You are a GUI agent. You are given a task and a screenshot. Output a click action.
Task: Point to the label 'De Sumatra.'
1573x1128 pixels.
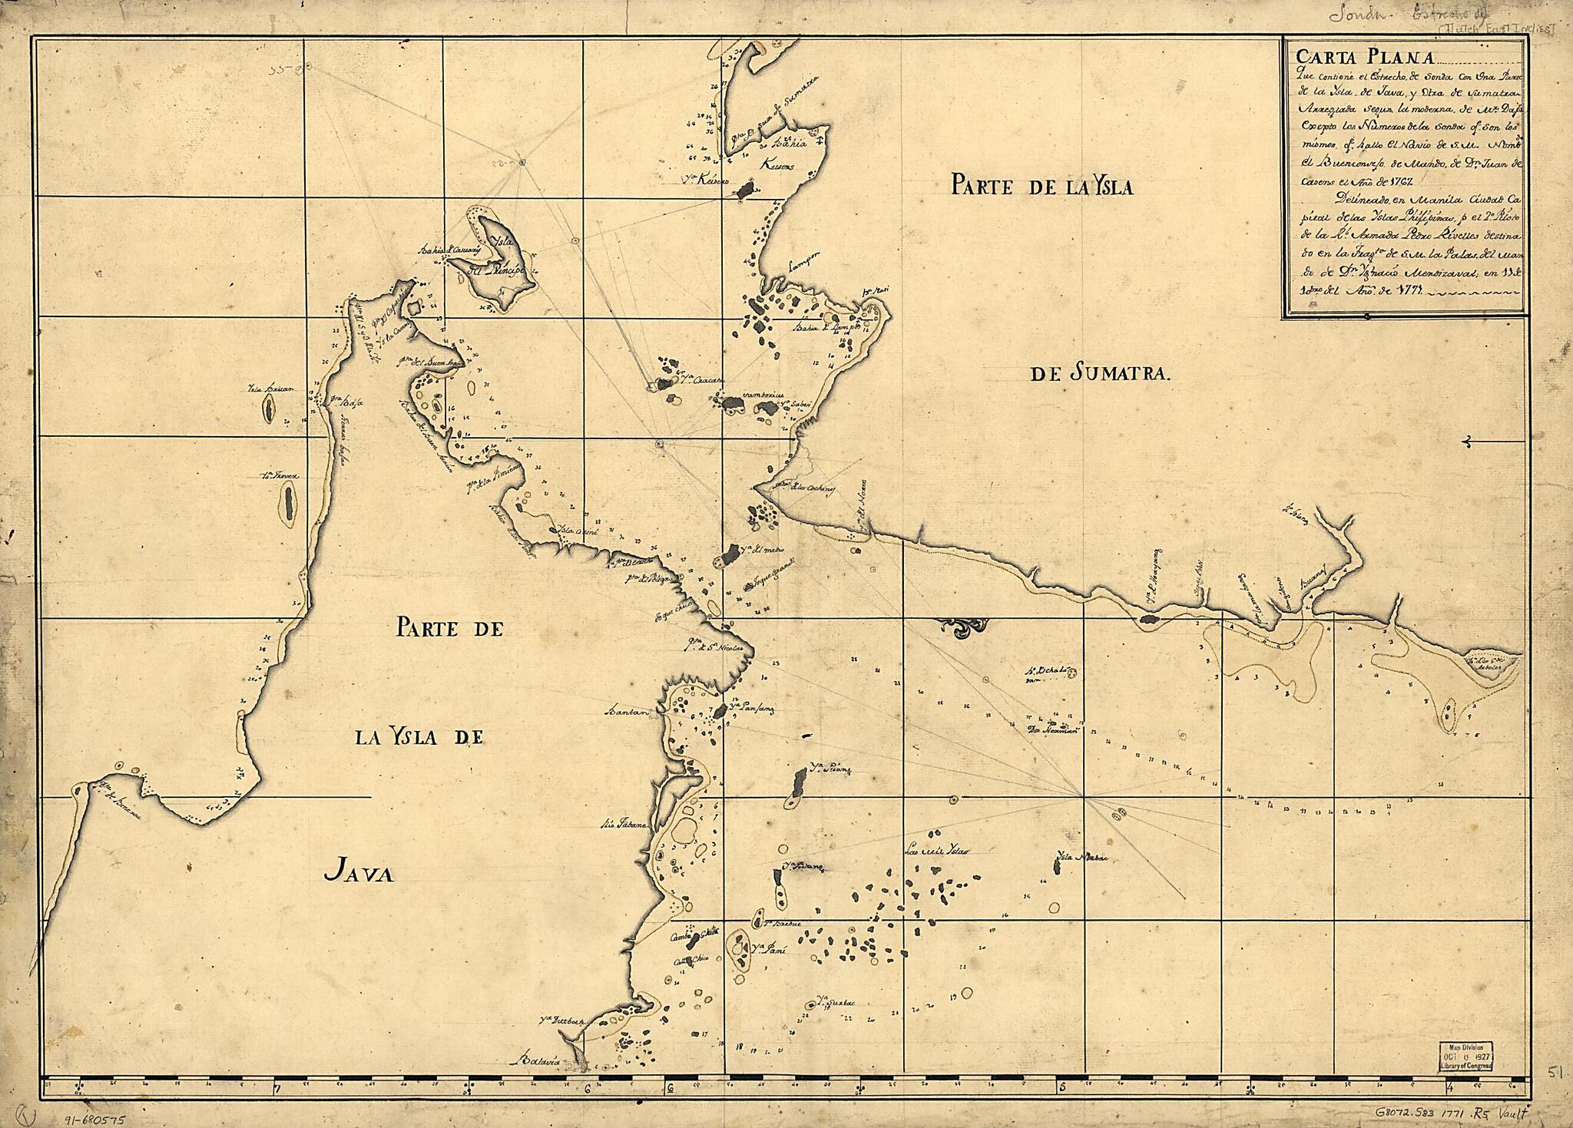click(x=1099, y=374)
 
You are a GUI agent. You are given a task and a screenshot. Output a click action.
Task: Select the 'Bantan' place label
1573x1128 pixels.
click(x=629, y=710)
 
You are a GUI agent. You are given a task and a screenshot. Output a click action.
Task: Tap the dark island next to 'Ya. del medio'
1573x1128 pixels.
click(x=727, y=555)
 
